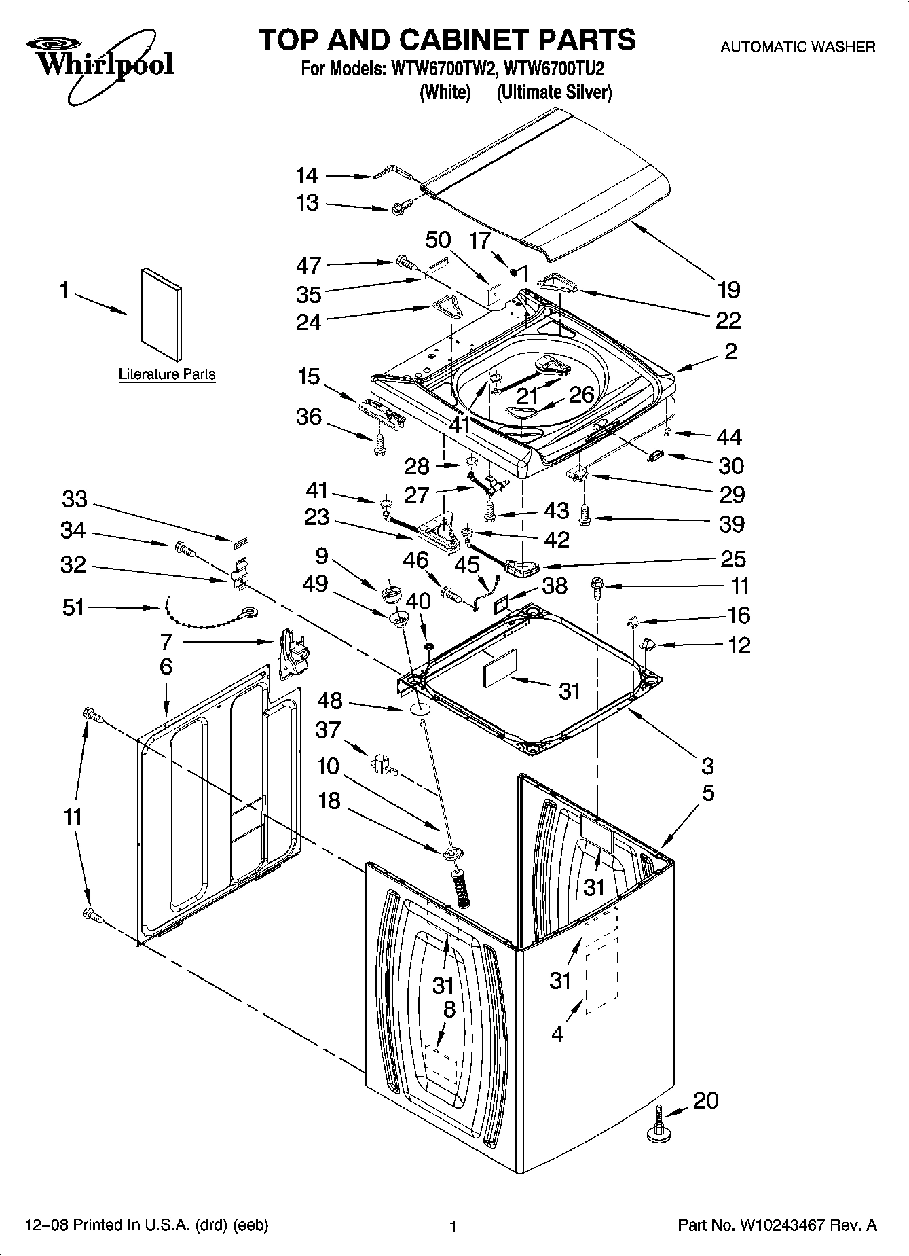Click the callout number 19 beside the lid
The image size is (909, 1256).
728,290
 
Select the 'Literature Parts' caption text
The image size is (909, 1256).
167,374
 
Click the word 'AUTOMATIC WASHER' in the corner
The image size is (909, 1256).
797,47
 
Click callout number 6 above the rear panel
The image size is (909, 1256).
166,666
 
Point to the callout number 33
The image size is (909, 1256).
75,499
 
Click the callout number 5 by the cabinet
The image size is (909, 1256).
708,793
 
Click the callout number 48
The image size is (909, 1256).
331,701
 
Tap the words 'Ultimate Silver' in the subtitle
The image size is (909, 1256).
554,92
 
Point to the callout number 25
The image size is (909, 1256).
732,559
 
